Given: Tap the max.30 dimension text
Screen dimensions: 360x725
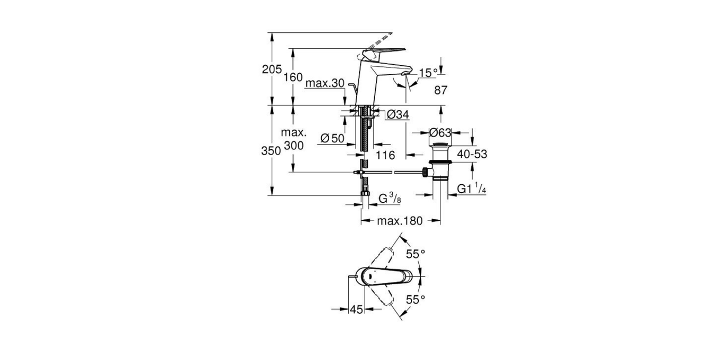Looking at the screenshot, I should pyautogui.click(x=325, y=83).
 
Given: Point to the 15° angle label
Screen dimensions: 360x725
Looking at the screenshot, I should pyautogui.click(x=429, y=72).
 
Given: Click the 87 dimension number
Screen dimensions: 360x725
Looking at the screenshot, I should pyautogui.click(x=441, y=90).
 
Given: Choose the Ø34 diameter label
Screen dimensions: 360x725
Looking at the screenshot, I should pyautogui.click(x=398, y=114).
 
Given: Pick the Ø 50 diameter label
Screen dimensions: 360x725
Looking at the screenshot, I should pyautogui.click(x=333, y=139).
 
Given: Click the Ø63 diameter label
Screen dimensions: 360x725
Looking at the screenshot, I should pyautogui.click(x=440, y=132).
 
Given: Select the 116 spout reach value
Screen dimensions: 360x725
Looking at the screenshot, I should pyautogui.click(x=385, y=155).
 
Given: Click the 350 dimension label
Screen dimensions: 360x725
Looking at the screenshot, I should pyautogui.click(x=271, y=151).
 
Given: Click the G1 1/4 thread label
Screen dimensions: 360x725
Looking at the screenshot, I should pyautogui.click(x=472, y=188).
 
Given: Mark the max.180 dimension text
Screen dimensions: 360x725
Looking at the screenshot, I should pyautogui.click(x=400, y=221).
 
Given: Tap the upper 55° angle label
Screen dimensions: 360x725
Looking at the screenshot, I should pyautogui.click(x=416, y=254).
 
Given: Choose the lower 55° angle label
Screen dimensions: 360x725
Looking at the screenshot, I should pyautogui.click(x=416, y=299).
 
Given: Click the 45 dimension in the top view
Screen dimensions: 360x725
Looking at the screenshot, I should pyautogui.click(x=357, y=309).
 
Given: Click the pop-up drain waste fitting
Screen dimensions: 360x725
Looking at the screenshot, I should pyautogui.click(x=440, y=162).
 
